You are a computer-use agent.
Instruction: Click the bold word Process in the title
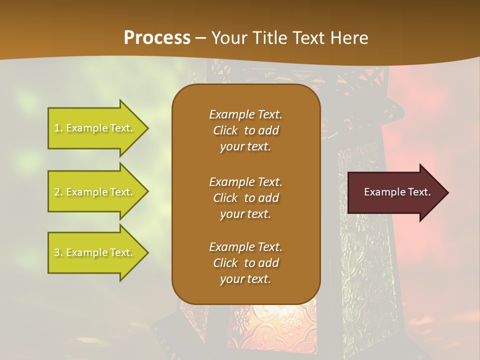coord(157,38)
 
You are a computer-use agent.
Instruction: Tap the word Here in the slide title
coord(348,38)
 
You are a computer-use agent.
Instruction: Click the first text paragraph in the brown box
coord(245,130)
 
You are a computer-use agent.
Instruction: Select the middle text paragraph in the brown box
coord(245,198)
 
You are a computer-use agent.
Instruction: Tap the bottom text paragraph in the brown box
coord(245,263)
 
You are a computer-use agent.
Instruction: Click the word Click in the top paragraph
coord(225,130)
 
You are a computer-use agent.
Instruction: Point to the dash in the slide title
coord(200,38)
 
